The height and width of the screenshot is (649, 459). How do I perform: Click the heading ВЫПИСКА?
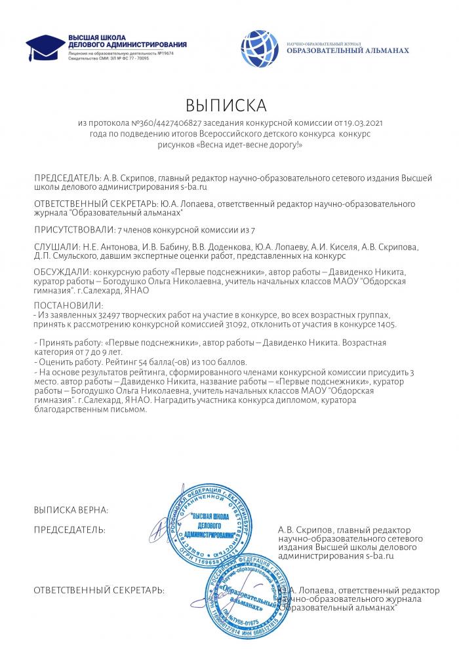click(227, 105)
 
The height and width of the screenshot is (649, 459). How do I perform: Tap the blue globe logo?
click(260, 48)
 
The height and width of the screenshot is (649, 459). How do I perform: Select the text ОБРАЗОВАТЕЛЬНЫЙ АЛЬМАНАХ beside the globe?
click(348, 50)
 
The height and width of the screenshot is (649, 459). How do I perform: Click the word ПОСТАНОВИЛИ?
click(68, 305)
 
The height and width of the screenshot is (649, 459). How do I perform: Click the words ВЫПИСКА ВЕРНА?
click(71, 510)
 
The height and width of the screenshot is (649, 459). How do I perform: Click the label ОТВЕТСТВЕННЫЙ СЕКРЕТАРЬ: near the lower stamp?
click(99, 591)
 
